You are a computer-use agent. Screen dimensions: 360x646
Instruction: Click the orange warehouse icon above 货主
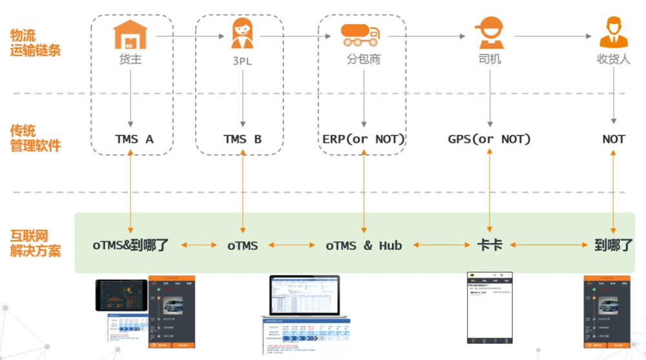pos(130,34)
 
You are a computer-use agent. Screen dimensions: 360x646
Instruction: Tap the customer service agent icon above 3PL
pos(242,33)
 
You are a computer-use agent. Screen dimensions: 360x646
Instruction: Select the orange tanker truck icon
pos(361,34)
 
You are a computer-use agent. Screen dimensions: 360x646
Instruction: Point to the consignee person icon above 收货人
pos(613,32)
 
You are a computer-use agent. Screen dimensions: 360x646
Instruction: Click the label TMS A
pos(134,139)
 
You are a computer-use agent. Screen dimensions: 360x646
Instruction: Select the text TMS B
pos(242,139)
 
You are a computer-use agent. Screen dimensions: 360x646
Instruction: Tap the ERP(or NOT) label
pos(364,139)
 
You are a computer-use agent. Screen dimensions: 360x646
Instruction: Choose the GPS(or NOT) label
pos(489,139)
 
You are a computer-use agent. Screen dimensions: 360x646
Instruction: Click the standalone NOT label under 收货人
pos(613,139)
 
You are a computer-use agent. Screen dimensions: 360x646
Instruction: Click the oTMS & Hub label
pos(364,246)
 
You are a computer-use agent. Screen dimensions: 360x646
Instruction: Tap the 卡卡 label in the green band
pos(489,246)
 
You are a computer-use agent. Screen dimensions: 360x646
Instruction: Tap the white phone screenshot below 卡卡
pos(489,308)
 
